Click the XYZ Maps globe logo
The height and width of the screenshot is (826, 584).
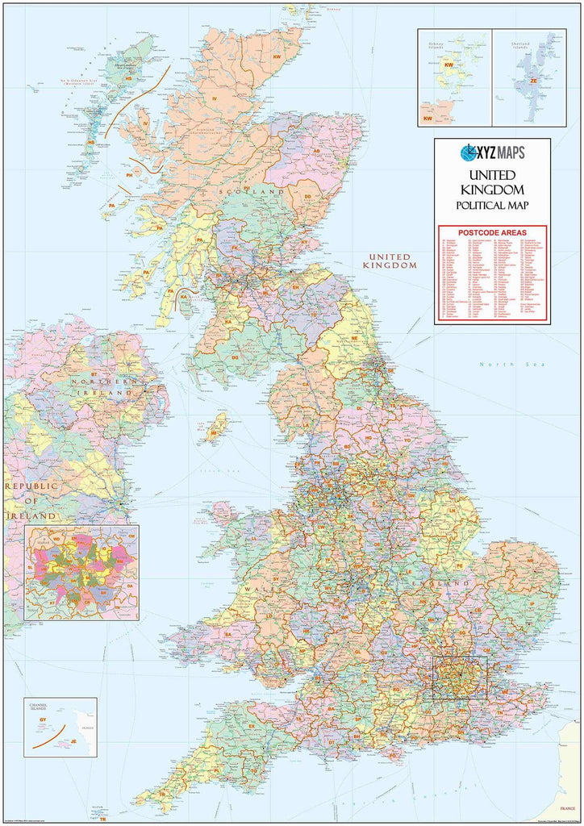(468, 152)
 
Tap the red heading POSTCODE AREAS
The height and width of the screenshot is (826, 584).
(492, 232)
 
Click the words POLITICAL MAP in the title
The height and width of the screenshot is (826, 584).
(492, 205)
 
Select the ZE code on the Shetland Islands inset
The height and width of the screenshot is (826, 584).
(534, 81)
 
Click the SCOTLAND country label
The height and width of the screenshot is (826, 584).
(257, 192)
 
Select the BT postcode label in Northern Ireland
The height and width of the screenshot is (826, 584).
(94, 374)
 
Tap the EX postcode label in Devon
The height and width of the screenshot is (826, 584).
(252, 726)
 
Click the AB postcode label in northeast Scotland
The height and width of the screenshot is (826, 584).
(317, 151)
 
